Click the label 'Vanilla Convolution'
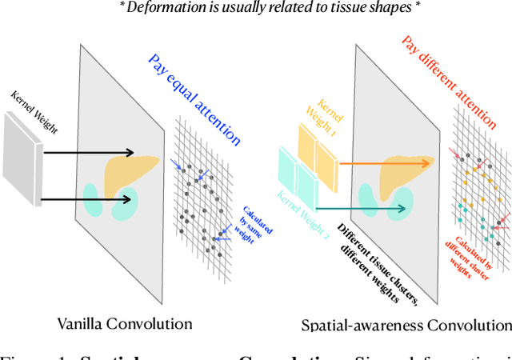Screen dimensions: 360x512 [x=125, y=323]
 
